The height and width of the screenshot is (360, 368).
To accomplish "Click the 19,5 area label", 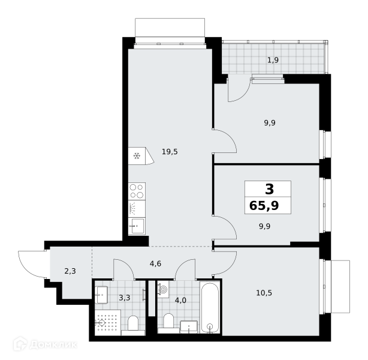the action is [170, 152].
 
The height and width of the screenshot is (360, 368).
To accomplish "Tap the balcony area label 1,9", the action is [273, 60].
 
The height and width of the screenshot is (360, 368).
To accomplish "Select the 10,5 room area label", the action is [264, 293].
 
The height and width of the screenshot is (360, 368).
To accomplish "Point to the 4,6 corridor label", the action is [155, 263].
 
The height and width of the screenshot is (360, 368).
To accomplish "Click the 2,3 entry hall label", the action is [70, 271].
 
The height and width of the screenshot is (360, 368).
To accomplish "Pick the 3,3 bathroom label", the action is [125, 298].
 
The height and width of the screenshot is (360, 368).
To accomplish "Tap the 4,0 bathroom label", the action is [180, 301].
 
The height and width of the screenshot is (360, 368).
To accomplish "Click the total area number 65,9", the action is [264, 206].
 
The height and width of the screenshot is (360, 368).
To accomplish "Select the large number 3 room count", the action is [269, 189].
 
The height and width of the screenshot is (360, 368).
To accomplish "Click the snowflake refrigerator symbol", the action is [137, 156].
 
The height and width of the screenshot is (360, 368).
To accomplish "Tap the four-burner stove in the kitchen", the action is [137, 191].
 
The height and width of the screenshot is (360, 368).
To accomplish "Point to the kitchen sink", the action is [137, 226].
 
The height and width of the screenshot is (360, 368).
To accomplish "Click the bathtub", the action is [210, 308].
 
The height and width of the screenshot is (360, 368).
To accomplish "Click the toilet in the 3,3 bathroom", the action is [133, 325].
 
